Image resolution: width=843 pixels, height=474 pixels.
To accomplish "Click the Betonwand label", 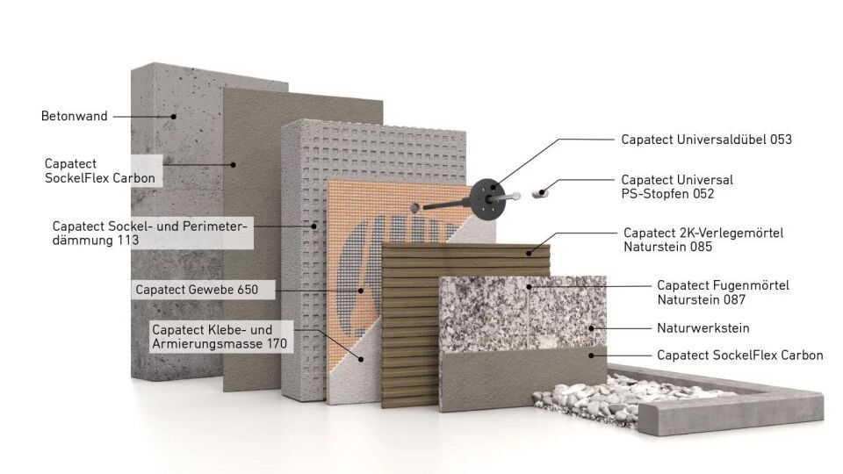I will [x=74, y=116].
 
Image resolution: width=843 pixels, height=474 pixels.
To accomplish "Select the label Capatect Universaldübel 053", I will [x=706, y=139].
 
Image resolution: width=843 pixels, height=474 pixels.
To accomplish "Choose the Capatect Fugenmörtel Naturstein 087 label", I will [x=723, y=292].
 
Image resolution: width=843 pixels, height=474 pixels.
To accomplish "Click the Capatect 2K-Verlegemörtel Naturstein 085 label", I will [x=702, y=240].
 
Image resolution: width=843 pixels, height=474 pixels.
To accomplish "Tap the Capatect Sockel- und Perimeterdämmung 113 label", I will [x=150, y=232].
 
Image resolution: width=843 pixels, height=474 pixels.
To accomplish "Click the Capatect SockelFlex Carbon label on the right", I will [x=739, y=355].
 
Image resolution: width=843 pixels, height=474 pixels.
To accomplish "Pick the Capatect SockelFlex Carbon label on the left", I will [x=99, y=170].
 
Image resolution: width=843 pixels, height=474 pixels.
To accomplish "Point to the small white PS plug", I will [x=544, y=188].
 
